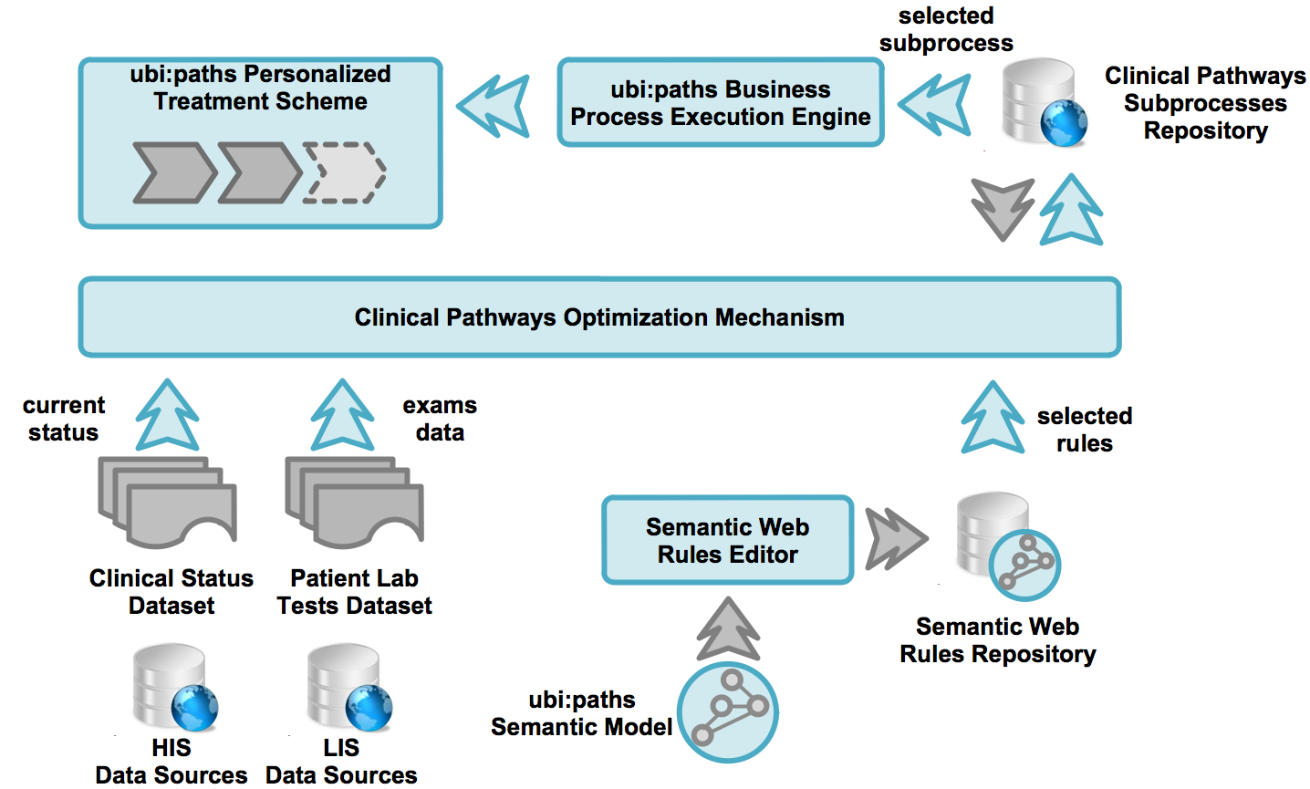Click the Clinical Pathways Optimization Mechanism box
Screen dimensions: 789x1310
599,317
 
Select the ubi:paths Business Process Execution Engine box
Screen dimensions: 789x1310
720,102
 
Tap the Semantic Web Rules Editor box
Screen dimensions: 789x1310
727,540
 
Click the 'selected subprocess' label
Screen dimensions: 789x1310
946,29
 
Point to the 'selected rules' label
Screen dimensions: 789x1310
1084,430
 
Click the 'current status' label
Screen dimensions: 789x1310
63,419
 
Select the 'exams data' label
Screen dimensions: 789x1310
440,419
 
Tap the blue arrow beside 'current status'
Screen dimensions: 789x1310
168,415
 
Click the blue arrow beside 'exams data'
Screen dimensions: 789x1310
342,415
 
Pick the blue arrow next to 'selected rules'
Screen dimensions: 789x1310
993,418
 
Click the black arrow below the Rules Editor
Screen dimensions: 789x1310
728,629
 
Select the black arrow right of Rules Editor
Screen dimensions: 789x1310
894,539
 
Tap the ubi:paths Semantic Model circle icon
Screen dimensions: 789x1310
728,711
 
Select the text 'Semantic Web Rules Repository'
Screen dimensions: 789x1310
997,640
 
